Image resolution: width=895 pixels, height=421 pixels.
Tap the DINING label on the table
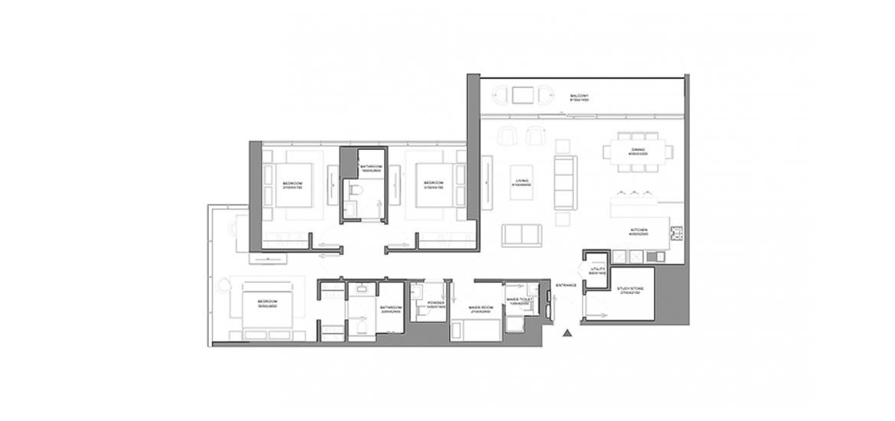[x=637, y=152]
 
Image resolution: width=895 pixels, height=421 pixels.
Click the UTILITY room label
[x=597, y=270]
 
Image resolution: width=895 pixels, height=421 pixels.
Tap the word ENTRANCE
[x=566, y=286]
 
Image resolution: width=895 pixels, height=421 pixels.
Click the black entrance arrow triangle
[x=567, y=333]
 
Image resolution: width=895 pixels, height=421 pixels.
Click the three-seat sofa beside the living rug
[x=565, y=183]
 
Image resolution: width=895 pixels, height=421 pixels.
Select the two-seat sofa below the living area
[x=522, y=235]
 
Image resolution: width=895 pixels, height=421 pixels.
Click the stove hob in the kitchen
[x=676, y=233]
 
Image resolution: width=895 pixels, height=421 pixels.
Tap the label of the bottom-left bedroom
[x=267, y=303]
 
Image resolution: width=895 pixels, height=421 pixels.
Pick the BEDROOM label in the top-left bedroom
[x=292, y=184]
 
